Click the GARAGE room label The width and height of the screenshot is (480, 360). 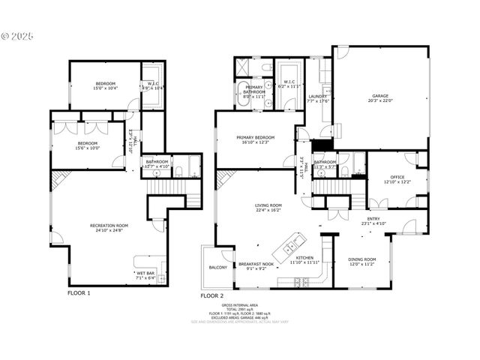click(381, 96)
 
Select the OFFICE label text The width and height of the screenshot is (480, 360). click(396, 178)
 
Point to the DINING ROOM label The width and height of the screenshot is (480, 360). click(362, 260)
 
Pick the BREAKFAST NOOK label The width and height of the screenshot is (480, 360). click(254, 264)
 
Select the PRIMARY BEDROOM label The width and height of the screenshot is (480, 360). click(255, 138)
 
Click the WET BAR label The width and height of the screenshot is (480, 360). click(145, 273)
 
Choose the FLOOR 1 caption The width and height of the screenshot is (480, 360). click(79, 293)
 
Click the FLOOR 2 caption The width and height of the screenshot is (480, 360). click(211, 296)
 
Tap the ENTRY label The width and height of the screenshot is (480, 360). click(373, 219)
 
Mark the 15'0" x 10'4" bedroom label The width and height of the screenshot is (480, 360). click(106, 83)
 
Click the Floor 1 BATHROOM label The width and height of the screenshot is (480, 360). click(157, 162)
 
